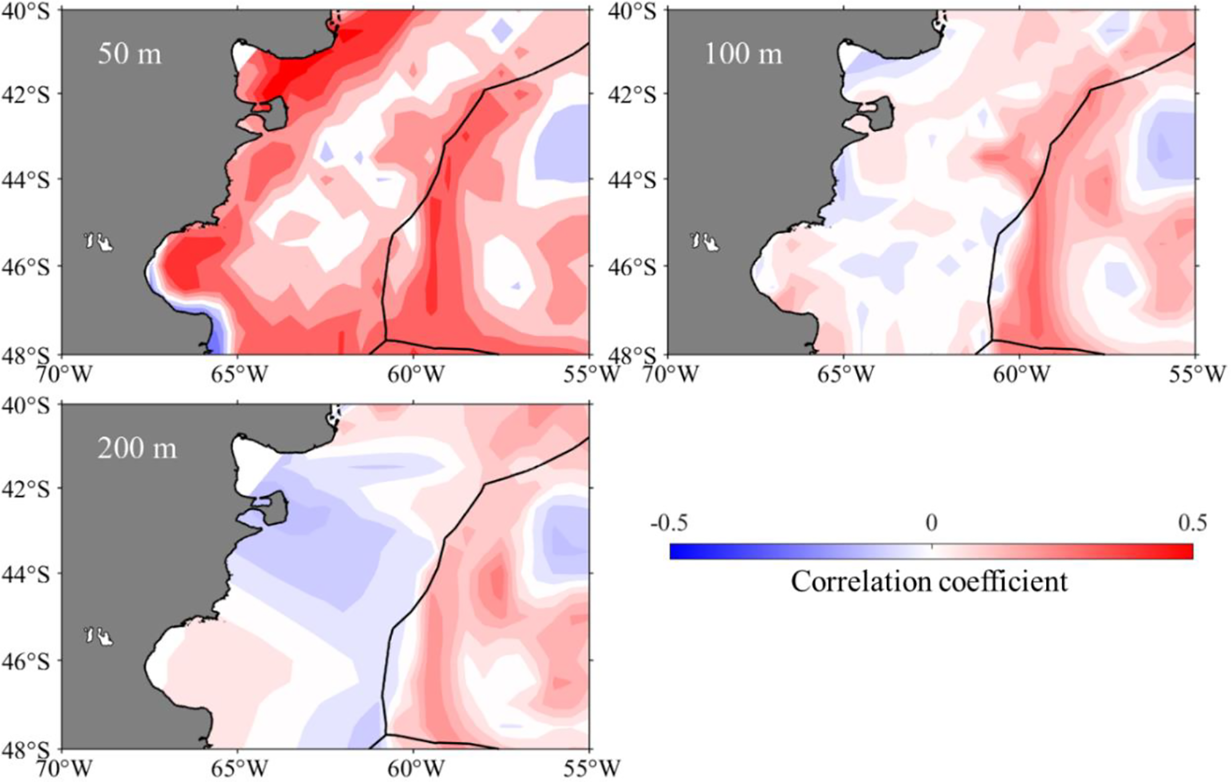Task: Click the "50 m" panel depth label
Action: pyautogui.click(x=130, y=53)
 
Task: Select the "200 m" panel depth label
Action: pyautogui.click(x=137, y=448)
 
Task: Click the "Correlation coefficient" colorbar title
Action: pyautogui.click(x=929, y=582)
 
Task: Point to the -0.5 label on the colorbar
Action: pyautogui.click(x=669, y=523)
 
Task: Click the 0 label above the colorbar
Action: pyautogui.click(x=932, y=523)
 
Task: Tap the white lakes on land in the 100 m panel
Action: pyautogui.click(x=706, y=241)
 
